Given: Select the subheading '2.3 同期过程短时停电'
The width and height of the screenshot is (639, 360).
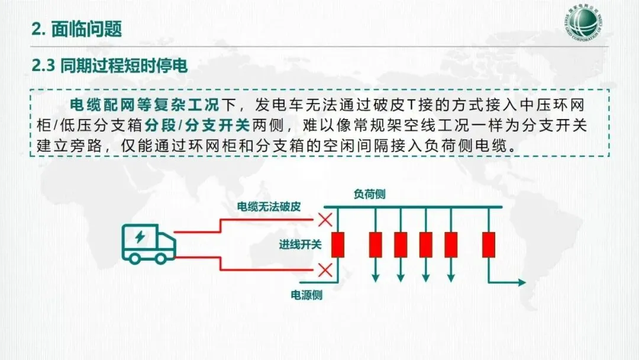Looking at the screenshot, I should click(x=110, y=66).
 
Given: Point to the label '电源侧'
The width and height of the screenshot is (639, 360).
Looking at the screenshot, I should click(x=306, y=295).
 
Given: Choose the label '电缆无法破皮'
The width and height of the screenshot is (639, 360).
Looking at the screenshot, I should click(x=269, y=207).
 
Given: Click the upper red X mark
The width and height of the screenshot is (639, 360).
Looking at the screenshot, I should click(x=325, y=220).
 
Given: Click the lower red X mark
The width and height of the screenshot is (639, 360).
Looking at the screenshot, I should click(x=325, y=271).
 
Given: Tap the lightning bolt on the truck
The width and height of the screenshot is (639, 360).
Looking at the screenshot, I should click(x=140, y=237).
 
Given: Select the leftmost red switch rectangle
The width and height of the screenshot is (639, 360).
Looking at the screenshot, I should click(x=338, y=245).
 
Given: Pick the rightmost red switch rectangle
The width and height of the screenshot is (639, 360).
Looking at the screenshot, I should click(x=488, y=245).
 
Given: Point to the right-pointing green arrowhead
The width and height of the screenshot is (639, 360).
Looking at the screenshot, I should click(x=520, y=282).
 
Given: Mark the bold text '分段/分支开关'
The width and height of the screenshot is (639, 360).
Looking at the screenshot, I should click(x=197, y=126).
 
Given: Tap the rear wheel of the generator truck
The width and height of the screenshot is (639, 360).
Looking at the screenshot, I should click(x=135, y=258).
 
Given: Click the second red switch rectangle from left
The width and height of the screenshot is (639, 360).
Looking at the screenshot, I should click(x=376, y=245).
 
